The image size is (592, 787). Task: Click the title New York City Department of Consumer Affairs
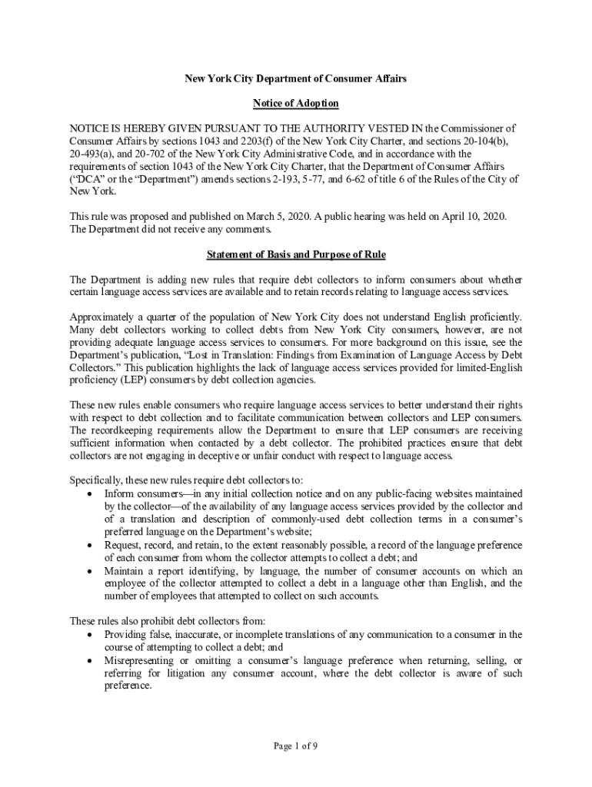tap(296, 78)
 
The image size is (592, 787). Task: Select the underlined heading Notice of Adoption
tap(296, 103)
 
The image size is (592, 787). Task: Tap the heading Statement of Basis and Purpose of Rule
tap(296, 255)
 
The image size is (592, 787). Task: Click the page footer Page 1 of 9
tap(296, 745)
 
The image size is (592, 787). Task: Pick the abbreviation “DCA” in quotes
tap(86, 178)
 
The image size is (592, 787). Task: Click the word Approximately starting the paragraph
tap(101, 317)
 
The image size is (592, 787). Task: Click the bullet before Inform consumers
tap(93, 493)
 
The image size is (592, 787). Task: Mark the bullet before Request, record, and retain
tap(93, 545)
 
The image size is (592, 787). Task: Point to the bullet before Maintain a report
tap(93, 571)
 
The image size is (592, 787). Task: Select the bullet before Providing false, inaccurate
tap(93, 635)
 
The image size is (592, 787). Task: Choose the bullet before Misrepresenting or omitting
tap(93, 661)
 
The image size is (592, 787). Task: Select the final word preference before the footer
tap(127, 686)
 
